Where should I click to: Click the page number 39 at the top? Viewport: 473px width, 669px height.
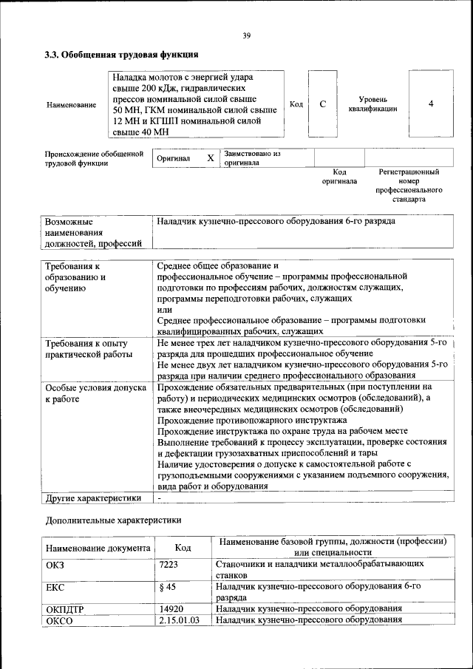coord(247,34)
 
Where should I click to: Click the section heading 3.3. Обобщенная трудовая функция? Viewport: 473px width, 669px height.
coord(120,55)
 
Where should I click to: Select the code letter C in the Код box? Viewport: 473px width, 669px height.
coord(322,104)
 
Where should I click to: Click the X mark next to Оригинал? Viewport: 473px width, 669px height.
coord(210,158)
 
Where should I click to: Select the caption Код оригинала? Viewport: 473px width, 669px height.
coord(339,177)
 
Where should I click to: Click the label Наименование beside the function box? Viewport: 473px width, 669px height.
coord(71,105)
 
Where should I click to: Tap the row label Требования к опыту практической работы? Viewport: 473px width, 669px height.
coord(87,349)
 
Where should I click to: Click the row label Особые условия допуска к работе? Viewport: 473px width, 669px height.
coord(94,393)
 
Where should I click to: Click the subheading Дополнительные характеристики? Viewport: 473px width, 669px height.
coord(113,520)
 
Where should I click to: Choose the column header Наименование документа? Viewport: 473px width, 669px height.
coord(98,549)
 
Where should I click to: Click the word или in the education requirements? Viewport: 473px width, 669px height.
coord(164,309)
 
